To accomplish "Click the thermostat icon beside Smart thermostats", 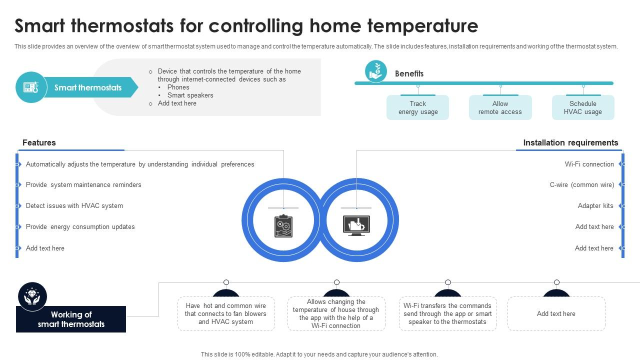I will coord(31,87).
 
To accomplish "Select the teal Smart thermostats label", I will coord(88,87).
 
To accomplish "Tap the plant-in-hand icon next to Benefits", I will coord(375,71).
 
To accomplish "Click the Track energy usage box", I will coord(417,108).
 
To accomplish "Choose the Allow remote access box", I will coord(500,108).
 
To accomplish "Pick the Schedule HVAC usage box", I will coord(582,108).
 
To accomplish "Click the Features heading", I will coord(39,143).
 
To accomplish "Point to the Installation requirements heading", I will coord(570,143).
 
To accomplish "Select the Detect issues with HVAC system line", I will coord(74,206).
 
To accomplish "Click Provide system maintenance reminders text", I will coord(83,185).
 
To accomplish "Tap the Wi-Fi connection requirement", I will coord(589,164).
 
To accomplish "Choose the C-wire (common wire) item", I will coord(581,185).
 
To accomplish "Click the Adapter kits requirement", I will coord(595,206).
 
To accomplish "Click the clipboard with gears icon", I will coord(283,226).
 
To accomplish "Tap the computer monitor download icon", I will coord(356,226).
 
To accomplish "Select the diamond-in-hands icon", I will coord(32,296).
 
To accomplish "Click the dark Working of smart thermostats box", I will coord(71,319).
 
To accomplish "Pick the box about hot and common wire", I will coord(226,314).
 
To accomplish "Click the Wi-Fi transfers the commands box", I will coord(447,314).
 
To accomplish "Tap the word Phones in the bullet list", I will coord(178,87).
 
